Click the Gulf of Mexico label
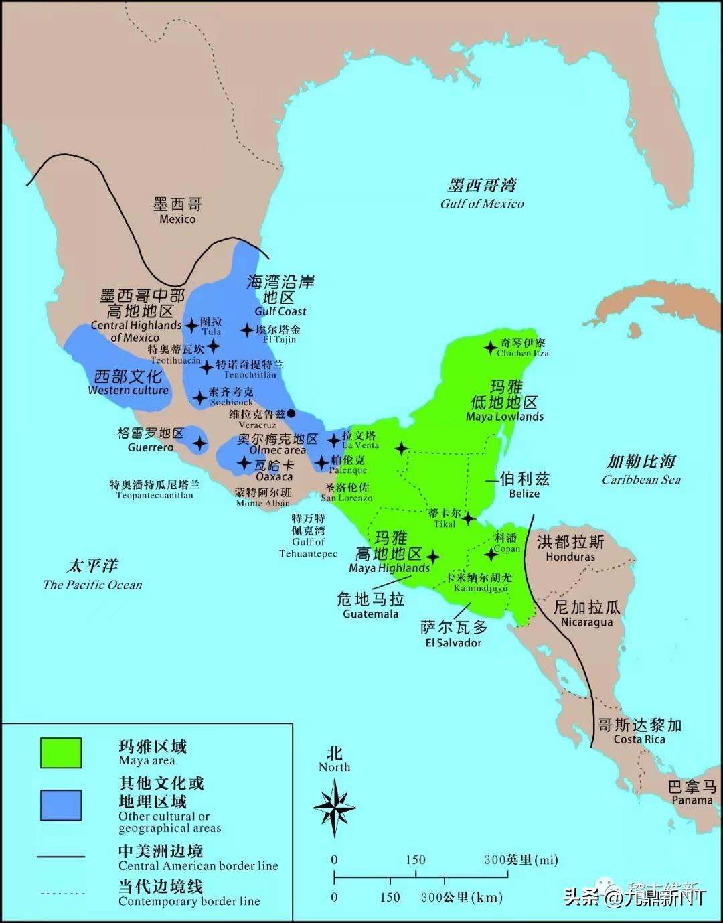tap(482, 194)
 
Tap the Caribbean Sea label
tap(641, 470)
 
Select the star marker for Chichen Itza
tap(490, 347)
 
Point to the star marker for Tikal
tap(469, 518)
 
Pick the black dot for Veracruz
tap(291, 414)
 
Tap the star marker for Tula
tap(192, 326)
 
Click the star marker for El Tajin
tap(247, 330)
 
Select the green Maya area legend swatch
tap(61, 752)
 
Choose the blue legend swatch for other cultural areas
tap(61, 804)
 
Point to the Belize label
tap(524, 486)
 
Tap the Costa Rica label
tap(639, 731)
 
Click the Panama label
tap(692, 793)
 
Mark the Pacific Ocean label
tap(92, 575)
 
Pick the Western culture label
tap(128, 382)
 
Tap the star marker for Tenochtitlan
tap(207, 366)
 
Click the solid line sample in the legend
tap(61, 857)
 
